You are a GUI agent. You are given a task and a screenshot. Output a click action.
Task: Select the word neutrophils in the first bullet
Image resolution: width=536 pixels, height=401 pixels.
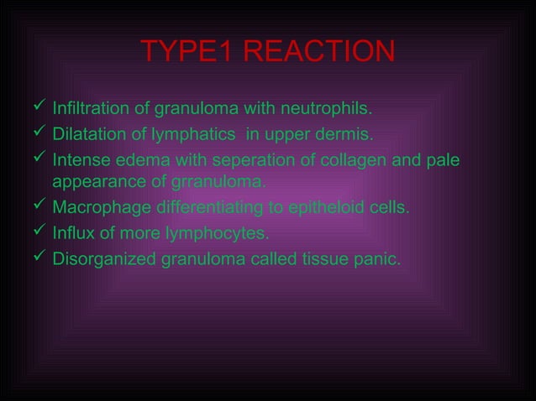[x=331, y=109]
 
